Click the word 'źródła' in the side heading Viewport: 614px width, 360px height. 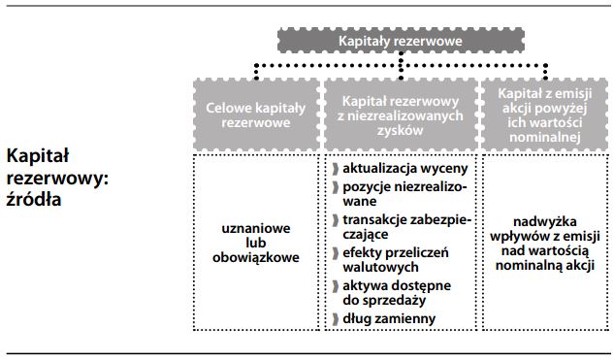coord(32,201)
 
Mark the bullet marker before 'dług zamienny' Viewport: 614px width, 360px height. coord(335,318)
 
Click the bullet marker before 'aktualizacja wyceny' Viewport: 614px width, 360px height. coord(335,170)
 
